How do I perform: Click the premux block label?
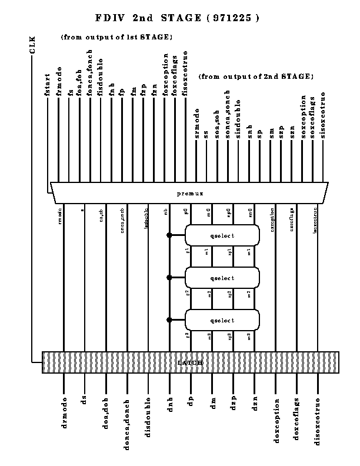point(189,193)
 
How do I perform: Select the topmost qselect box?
point(222,235)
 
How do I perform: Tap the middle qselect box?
point(222,278)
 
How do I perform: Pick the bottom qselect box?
point(222,320)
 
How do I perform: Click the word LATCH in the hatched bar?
point(190,363)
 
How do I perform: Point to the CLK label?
point(32,45)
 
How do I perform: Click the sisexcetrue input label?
point(323,121)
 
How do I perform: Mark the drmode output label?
point(64,412)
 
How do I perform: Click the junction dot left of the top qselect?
point(169,235)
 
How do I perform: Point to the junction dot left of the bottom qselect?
point(169,320)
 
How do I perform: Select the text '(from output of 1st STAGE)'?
point(116,37)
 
